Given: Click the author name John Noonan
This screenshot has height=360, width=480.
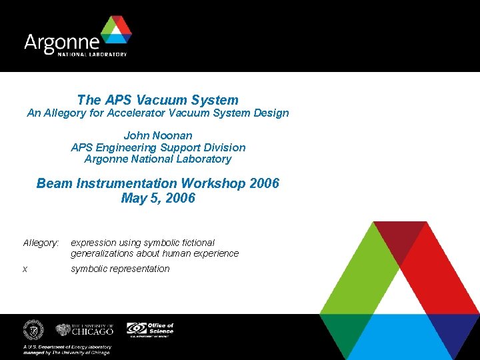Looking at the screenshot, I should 158,135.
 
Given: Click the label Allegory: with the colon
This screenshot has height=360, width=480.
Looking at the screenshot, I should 41,243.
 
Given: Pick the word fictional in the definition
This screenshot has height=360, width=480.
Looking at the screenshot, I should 197,243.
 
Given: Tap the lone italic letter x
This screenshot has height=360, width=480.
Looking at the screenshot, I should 25,269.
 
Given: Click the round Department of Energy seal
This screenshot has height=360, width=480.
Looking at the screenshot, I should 33,330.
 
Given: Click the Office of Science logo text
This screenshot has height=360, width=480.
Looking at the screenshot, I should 161,328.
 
